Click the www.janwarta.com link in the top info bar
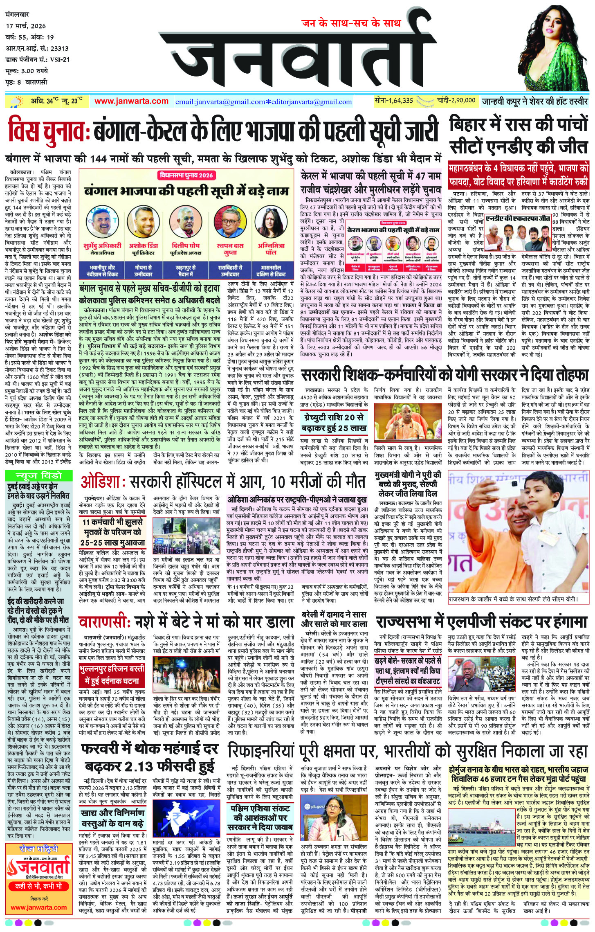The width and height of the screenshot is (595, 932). click(131, 101)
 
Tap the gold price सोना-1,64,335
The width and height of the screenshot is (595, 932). click(394, 100)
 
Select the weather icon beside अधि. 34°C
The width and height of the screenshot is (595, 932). click(18, 101)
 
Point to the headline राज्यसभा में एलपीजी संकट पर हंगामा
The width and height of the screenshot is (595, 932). click(482, 622)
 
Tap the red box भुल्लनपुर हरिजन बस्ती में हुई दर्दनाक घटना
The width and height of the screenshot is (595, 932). click(112, 675)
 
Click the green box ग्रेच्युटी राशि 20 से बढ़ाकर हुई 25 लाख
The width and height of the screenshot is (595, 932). click(333, 423)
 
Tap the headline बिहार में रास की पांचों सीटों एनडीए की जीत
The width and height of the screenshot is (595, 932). click(519, 135)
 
